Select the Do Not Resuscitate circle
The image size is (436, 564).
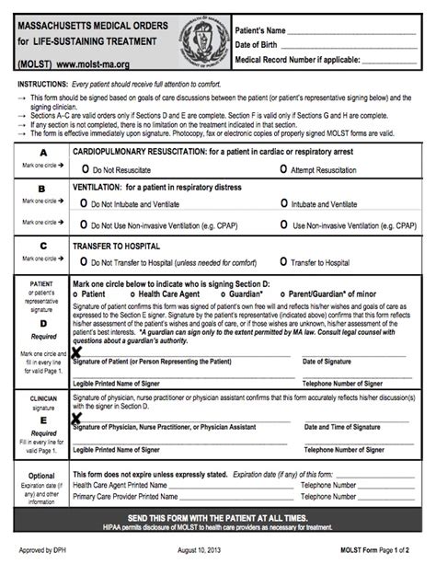(x=86, y=170)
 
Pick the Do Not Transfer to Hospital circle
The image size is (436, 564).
(x=86, y=262)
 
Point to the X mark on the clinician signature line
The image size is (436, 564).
(x=77, y=419)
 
